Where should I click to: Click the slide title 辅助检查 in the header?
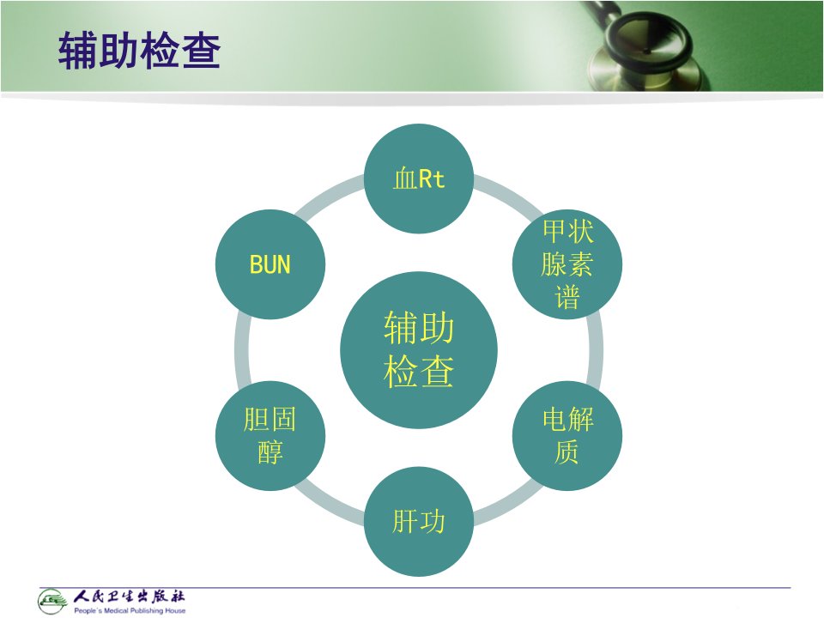pos(139,51)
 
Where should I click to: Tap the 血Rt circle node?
pos(419,179)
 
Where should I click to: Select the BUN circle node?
pos(270,264)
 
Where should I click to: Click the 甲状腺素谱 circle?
pos(567,264)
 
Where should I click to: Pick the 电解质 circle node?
pos(567,436)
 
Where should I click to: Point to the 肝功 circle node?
pos(419,522)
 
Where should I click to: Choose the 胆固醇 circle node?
pos(270,436)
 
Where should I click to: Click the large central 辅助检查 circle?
pos(419,350)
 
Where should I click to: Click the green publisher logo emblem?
pos(52,601)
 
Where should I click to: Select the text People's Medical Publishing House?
pos(130,610)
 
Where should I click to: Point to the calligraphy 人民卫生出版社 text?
pos(129,597)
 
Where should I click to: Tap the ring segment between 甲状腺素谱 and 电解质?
pos(596,350)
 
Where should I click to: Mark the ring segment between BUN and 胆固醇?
pos(242,350)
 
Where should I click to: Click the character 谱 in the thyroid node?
pos(567,297)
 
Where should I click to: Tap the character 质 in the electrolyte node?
pos(567,452)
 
